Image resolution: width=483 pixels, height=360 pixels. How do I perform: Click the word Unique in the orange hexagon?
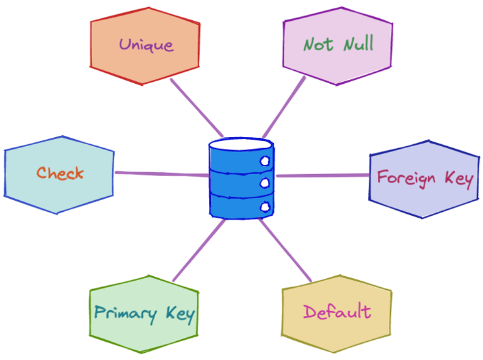coord(146,45)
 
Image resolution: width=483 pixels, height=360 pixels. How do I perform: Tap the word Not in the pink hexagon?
coord(319,44)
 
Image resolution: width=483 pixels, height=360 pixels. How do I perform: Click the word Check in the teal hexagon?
coord(60,174)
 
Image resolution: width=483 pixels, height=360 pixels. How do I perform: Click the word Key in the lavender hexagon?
coord(458,177)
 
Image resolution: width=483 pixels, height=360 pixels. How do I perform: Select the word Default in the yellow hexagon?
coord(337,311)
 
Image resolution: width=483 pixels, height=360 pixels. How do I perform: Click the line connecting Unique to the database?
coord(197,108)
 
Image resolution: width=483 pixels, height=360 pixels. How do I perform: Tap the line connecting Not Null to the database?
coord(284,107)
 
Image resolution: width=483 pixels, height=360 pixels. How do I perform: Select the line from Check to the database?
coord(162,174)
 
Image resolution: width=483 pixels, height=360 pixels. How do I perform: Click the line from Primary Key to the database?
coord(199,250)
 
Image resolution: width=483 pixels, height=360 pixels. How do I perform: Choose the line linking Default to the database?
coord(286,250)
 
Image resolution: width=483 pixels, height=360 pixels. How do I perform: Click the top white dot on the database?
coord(265,161)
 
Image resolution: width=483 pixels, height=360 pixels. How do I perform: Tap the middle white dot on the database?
coord(265,184)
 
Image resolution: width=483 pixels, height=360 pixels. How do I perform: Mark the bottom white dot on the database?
coord(265,207)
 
